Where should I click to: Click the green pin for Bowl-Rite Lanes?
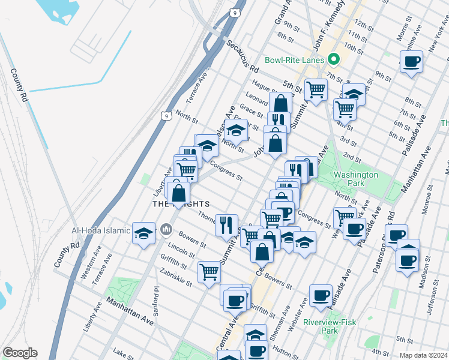point(334,60)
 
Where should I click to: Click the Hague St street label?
point(264,89)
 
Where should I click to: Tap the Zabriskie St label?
point(176,277)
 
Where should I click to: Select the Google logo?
point(20,353)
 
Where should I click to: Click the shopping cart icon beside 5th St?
point(315,90)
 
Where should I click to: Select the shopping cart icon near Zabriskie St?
point(209,272)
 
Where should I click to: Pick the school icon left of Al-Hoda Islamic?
point(144,233)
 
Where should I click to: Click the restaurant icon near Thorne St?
point(226,225)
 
